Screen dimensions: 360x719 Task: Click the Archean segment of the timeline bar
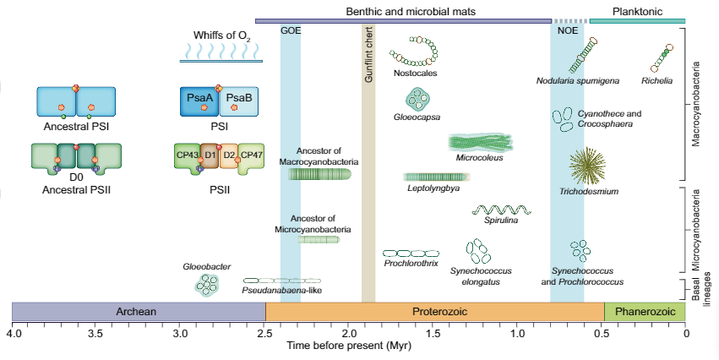137,311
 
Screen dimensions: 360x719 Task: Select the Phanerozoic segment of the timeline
645,311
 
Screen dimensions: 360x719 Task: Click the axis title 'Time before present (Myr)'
348,346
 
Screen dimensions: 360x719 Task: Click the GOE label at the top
290,30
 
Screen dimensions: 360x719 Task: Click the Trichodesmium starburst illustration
587,166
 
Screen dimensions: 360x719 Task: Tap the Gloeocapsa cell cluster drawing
417,101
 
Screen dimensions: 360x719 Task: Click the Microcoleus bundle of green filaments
479,142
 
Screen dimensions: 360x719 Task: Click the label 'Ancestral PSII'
76,190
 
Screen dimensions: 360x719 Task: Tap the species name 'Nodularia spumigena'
578,81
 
